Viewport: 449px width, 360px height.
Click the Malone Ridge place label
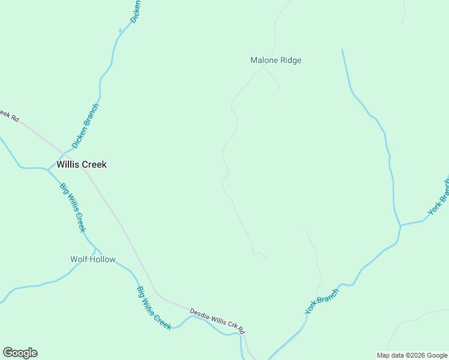(276, 60)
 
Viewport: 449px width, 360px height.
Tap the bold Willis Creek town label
(82, 164)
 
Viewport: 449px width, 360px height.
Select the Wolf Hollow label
(92, 259)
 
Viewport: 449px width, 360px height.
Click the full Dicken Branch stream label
(85, 126)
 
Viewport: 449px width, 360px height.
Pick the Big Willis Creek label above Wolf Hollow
(73, 207)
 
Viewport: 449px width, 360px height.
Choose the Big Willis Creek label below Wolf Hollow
(154, 308)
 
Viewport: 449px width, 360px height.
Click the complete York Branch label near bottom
(322, 301)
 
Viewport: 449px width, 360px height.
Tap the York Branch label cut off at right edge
(439, 197)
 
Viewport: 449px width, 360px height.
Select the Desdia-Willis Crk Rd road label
(217, 322)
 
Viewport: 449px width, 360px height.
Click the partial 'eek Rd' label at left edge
(8, 115)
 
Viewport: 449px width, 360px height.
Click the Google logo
(20, 353)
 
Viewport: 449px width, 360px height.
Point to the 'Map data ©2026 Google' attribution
(412, 355)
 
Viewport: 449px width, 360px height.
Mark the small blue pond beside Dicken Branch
(121, 30)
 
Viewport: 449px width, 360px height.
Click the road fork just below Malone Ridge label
(263, 68)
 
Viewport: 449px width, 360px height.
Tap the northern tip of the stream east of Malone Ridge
(342, 50)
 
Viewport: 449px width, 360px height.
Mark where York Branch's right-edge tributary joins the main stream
(400, 226)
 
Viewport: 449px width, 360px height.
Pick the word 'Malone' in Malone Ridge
(264, 60)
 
